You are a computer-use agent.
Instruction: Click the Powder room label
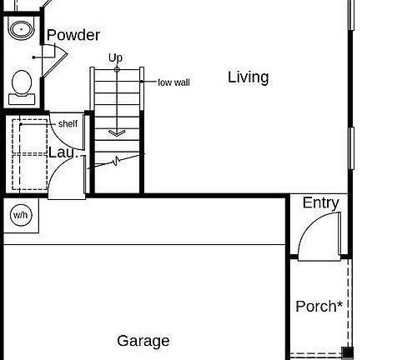pos(73,35)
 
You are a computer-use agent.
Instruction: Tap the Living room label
pos(249,77)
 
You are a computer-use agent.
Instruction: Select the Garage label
pos(143,341)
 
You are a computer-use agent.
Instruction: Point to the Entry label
pos(320,203)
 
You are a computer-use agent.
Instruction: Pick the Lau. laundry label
pos(63,152)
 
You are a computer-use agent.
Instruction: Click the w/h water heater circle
pos(20,216)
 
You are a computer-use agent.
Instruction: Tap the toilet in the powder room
pos(23,84)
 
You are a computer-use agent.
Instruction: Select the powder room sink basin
pos(21,29)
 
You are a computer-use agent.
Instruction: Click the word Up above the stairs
pos(115,57)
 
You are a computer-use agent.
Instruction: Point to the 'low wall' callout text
pos(173,82)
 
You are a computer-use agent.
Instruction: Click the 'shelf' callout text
pos(68,124)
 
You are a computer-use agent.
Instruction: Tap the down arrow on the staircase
pos(116,132)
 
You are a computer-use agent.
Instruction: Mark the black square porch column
pos(348,352)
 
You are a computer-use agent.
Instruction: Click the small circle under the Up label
pos(116,68)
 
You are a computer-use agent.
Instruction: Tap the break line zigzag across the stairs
pos(117,160)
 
